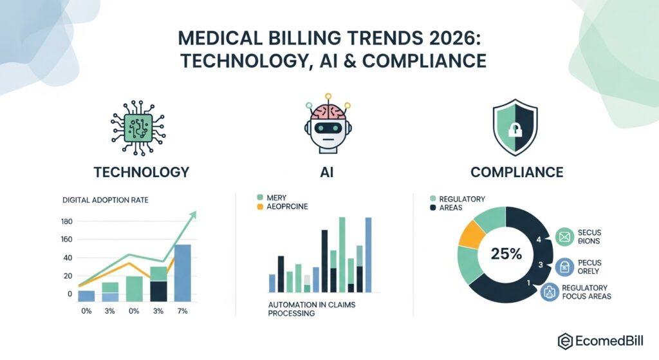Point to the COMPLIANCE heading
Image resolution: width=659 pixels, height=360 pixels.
click(x=517, y=172)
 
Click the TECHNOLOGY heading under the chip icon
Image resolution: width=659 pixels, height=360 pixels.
click(x=141, y=172)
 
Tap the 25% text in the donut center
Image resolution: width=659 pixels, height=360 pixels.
click(x=506, y=254)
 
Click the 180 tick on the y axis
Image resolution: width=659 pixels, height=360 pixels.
click(x=66, y=222)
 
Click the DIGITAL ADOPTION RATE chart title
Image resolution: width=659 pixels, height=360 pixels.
click(x=106, y=200)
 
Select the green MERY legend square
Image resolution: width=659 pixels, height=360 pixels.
click(x=260, y=197)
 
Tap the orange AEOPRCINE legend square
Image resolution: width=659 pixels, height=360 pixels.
click(x=260, y=207)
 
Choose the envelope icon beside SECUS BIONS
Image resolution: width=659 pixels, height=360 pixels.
click(x=564, y=239)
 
